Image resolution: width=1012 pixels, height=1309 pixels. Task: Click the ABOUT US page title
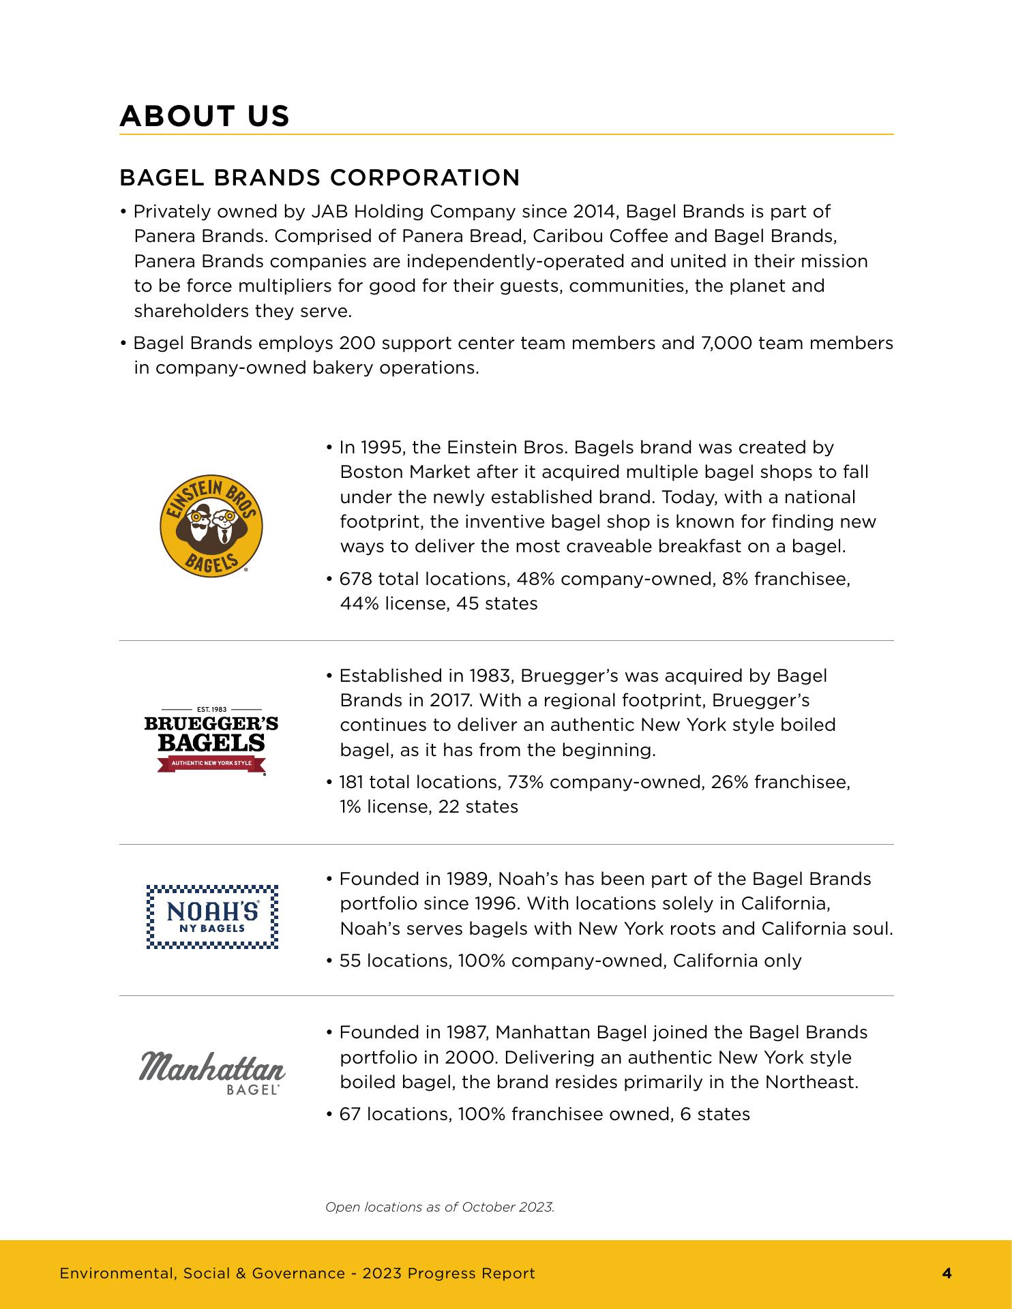[205, 116]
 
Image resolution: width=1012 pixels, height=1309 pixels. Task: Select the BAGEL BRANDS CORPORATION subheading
[319, 178]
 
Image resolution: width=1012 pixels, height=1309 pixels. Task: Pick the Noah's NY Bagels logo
[213, 916]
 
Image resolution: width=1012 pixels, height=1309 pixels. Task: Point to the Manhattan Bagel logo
[212, 1070]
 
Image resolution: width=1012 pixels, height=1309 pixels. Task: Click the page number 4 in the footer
[947, 1273]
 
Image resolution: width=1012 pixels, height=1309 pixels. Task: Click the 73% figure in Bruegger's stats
[525, 782]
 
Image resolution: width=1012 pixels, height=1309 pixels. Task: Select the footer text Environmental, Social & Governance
[202, 1273]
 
